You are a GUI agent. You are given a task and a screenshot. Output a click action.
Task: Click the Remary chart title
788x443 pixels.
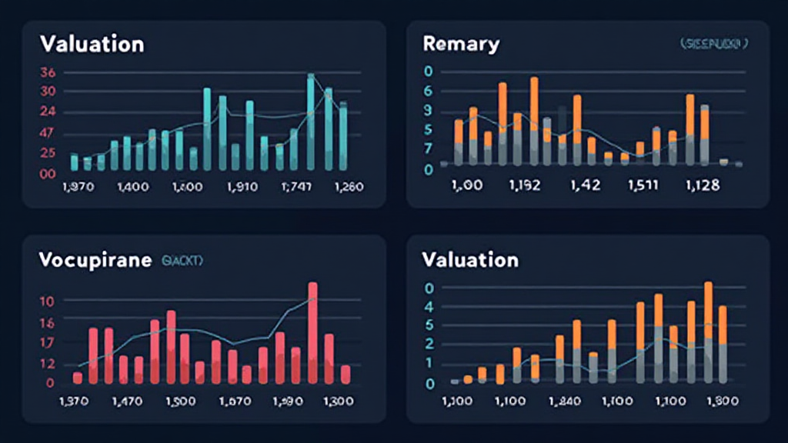[461, 44]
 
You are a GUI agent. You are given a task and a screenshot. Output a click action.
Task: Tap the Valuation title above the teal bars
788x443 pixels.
[91, 44]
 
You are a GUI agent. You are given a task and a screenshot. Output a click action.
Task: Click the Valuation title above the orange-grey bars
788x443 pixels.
[470, 260]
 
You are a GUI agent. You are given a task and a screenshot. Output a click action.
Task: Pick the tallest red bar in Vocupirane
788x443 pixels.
[312, 332]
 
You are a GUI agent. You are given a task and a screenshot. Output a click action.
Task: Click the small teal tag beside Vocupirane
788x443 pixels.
[182, 261]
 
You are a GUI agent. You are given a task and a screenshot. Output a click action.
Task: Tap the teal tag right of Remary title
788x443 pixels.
[713, 45]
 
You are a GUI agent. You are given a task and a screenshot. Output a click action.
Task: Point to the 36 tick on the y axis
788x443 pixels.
[47, 73]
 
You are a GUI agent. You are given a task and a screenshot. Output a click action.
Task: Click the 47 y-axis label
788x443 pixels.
[47, 132]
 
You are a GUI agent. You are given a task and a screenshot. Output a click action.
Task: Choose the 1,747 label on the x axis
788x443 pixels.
[297, 187]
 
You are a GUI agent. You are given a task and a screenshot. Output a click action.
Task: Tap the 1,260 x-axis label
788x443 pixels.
[346, 187]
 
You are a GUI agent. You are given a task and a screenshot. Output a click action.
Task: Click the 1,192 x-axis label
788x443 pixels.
[525, 185]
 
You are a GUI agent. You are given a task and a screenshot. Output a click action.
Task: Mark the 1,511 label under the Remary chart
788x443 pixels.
[643, 185]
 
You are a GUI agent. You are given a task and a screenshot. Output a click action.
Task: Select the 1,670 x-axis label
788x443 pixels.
[235, 401]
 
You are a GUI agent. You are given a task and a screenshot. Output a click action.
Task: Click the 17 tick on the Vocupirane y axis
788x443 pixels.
[47, 343]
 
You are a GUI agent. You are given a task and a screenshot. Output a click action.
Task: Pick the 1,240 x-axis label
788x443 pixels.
[566, 401]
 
